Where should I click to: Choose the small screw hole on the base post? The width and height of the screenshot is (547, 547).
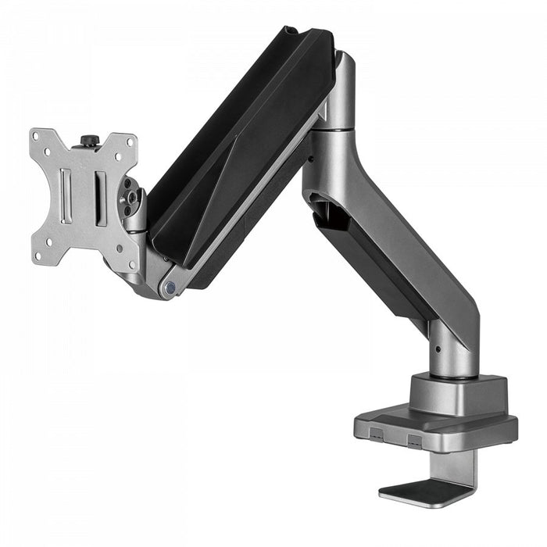[437, 349]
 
